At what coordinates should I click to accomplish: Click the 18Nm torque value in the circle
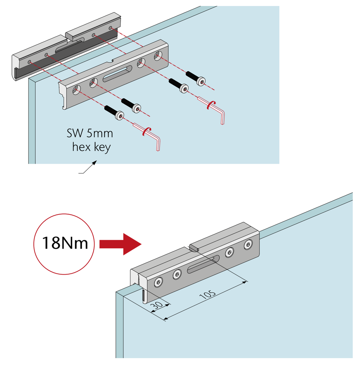click(x=65, y=243)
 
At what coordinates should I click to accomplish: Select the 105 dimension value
click(x=208, y=294)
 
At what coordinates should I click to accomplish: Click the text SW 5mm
click(x=90, y=134)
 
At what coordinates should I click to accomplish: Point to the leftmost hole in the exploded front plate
click(x=77, y=90)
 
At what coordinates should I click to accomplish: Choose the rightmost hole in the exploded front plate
click(x=158, y=56)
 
